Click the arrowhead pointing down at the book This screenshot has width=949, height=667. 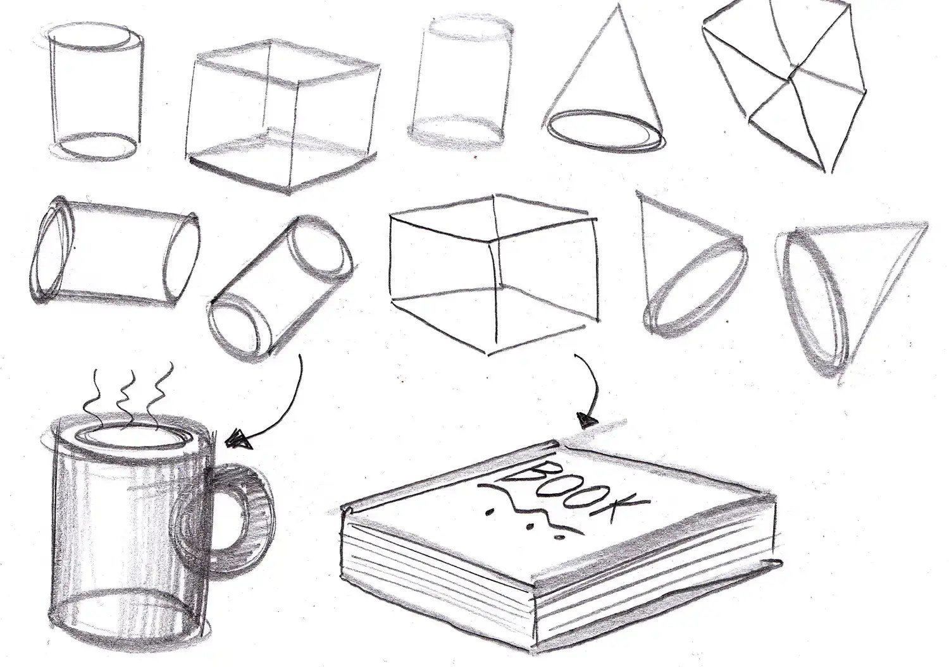(x=588, y=421)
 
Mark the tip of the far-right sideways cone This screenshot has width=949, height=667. (x=926, y=224)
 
